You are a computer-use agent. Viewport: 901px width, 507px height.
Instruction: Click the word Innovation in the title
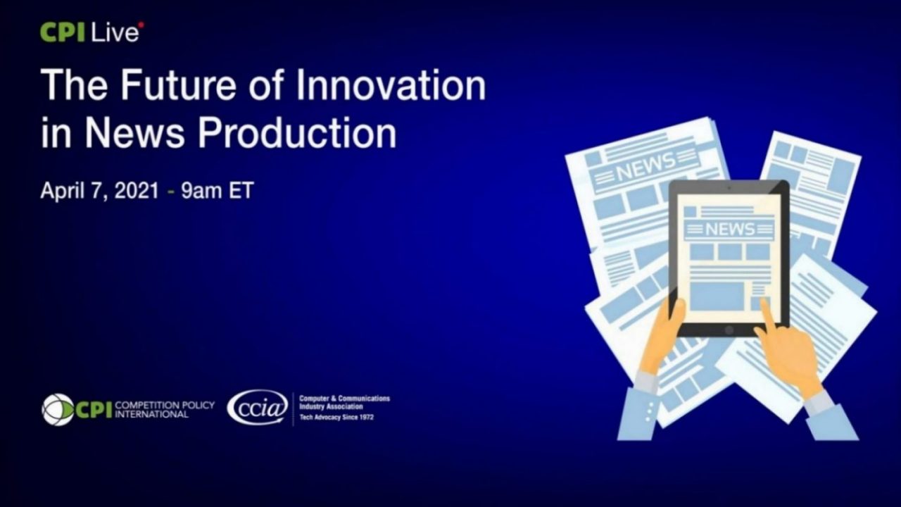point(391,86)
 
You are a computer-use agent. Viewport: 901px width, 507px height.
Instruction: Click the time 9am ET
point(217,191)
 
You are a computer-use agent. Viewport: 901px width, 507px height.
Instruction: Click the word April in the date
point(61,191)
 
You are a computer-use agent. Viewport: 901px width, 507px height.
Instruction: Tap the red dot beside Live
point(141,25)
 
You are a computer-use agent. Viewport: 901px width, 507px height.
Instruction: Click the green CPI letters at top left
point(63,32)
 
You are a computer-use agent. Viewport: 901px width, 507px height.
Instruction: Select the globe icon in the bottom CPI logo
point(57,409)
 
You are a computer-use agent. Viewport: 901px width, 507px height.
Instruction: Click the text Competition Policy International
point(164,410)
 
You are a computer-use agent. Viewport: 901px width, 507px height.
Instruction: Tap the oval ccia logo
point(257,408)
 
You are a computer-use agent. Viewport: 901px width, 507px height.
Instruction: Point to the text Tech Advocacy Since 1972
point(336,418)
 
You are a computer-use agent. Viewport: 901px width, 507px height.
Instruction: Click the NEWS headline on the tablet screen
point(729,229)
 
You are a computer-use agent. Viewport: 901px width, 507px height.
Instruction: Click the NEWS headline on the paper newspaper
point(645,168)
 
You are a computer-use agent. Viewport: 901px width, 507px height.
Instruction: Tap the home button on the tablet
point(729,330)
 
